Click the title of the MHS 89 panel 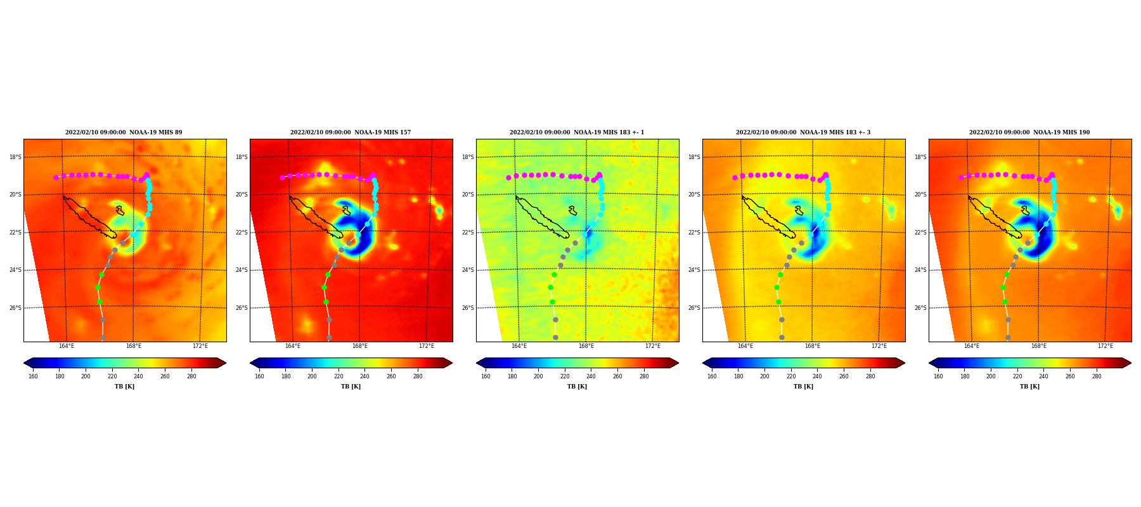click(x=124, y=132)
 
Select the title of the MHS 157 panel click(x=351, y=132)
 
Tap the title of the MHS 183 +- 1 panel click(x=577, y=132)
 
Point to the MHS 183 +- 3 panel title click(x=803, y=132)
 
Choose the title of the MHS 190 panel click(x=1029, y=132)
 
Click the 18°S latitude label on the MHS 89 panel click(x=15, y=157)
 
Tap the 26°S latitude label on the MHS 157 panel click(x=242, y=308)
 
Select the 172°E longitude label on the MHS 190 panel click(x=1106, y=346)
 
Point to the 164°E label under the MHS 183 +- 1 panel click(x=519, y=346)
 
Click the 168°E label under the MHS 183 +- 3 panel click(x=813, y=346)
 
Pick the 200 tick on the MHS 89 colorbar click(x=86, y=376)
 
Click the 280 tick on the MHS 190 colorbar click(x=1097, y=376)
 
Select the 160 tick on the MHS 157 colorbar click(x=259, y=376)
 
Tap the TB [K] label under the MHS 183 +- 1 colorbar click(x=577, y=387)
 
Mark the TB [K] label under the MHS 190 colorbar click(x=1029, y=387)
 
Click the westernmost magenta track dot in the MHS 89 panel click(x=56, y=177)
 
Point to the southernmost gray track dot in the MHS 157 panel click(x=329, y=337)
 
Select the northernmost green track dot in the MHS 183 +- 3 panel click(x=780, y=274)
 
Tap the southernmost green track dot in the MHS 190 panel click(x=1005, y=302)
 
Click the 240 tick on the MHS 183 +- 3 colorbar click(x=817, y=376)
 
